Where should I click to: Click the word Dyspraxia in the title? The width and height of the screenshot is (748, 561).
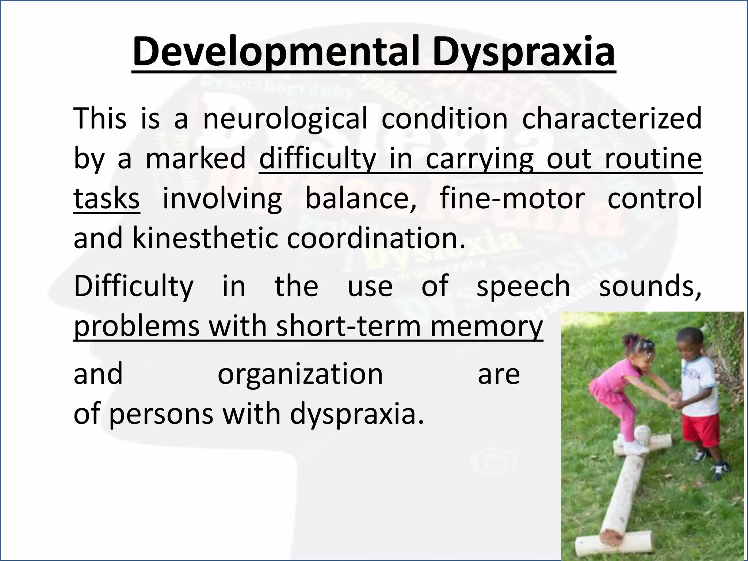pyautogui.click(x=523, y=52)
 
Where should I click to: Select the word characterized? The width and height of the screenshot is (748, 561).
pyautogui.click(x=612, y=118)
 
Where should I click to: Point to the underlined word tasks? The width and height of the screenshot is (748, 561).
pyautogui.click(x=106, y=198)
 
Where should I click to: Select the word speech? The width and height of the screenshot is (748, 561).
pyautogui.click(x=523, y=286)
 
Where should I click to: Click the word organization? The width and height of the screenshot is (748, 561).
pyautogui.click(x=300, y=374)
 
